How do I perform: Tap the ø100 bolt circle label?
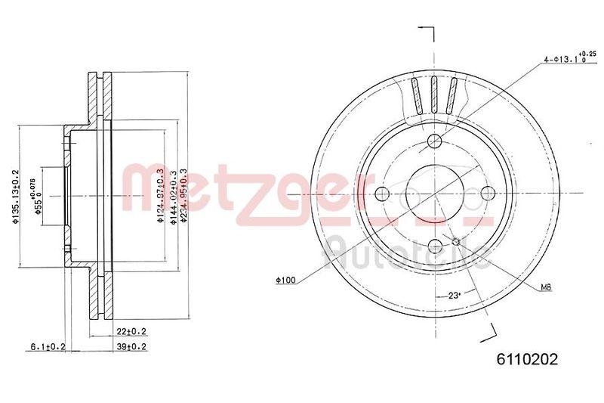(285, 281)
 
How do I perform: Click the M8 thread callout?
(546, 287)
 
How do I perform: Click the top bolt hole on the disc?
(434, 141)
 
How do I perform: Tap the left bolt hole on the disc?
(382, 193)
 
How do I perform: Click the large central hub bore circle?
(434, 193)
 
